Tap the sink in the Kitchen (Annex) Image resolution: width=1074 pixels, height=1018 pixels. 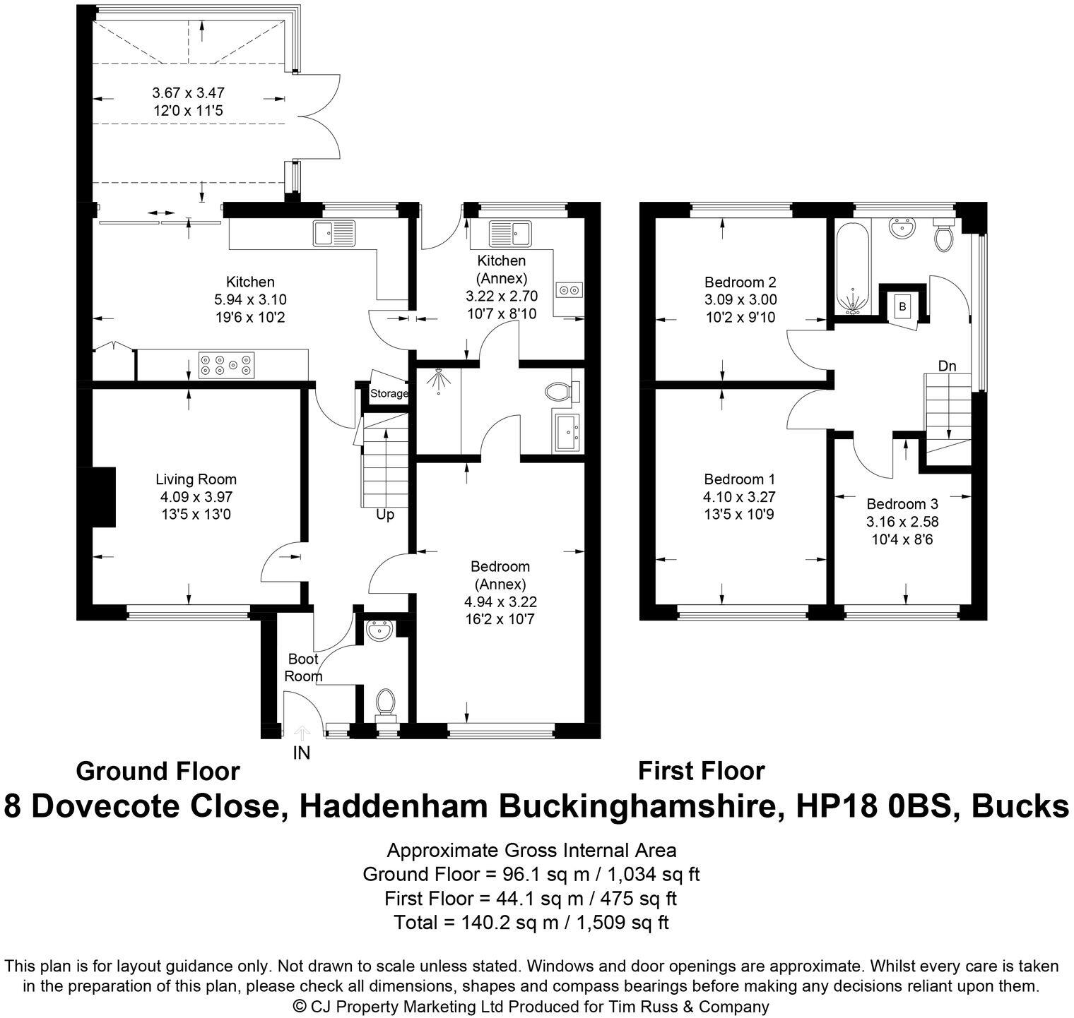pyautogui.click(x=509, y=231)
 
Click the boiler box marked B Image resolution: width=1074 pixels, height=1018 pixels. pyautogui.click(x=902, y=306)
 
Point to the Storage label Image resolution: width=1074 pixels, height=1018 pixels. pyautogui.click(x=389, y=393)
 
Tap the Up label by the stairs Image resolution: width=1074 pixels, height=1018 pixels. pyautogui.click(x=385, y=515)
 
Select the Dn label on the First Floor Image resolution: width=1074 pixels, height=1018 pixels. pyautogui.click(x=947, y=366)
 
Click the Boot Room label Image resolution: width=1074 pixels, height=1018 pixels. pyautogui.click(x=303, y=668)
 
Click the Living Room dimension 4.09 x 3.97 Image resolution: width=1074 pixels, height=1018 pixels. pyautogui.click(x=196, y=497)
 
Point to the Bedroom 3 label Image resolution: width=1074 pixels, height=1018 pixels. pyautogui.click(x=902, y=504)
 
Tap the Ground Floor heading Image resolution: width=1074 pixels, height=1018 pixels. pyautogui.click(x=158, y=771)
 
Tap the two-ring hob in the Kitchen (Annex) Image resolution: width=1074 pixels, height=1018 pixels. pyautogui.click(x=569, y=289)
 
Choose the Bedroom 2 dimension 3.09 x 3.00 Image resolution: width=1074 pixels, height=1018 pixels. pyautogui.click(x=740, y=299)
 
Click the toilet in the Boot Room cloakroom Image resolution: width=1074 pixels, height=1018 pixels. pyautogui.click(x=385, y=702)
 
